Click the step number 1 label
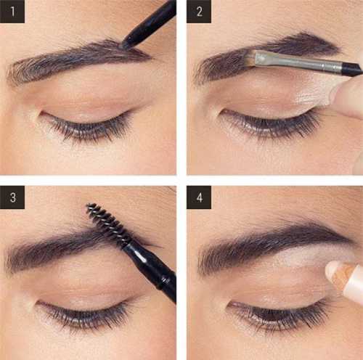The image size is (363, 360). click(12, 12)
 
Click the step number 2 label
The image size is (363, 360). click(199, 12)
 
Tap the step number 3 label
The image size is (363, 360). click(12, 197)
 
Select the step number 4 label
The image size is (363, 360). click(199, 197)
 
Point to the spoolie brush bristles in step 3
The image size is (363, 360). click(108, 223)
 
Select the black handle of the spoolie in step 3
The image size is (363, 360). click(151, 269)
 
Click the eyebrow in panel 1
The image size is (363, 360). click(78, 60)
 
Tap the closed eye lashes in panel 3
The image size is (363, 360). click(82, 314)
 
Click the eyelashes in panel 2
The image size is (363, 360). click(271, 125)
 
